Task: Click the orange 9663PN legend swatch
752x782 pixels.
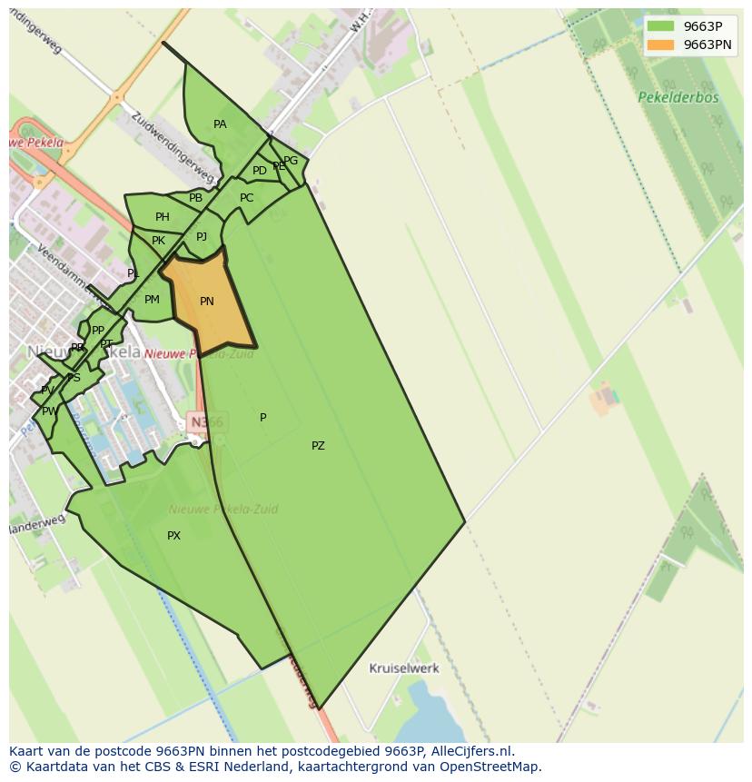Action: [661, 45]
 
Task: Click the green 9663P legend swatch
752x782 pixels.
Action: [661, 26]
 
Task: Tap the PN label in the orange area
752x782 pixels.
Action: [207, 302]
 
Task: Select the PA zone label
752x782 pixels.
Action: [220, 124]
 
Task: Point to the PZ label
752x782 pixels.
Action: [318, 446]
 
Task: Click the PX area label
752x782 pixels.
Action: [173, 536]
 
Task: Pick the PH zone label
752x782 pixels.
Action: [163, 217]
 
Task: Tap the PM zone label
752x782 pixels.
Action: [152, 300]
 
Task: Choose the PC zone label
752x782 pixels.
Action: [247, 198]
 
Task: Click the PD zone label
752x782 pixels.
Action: [260, 171]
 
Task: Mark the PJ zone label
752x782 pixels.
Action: [202, 237]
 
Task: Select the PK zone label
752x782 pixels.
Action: [158, 241]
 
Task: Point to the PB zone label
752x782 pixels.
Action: [195, 198]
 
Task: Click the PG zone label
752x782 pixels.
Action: [291, 162]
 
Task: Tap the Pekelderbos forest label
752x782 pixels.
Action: [678, 97]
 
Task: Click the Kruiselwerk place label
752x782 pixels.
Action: [404, 668]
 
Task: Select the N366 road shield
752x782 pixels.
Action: [206, 421]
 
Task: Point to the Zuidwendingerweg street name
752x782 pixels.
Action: [173, 146]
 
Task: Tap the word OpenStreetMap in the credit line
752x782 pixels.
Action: [490, 767]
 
